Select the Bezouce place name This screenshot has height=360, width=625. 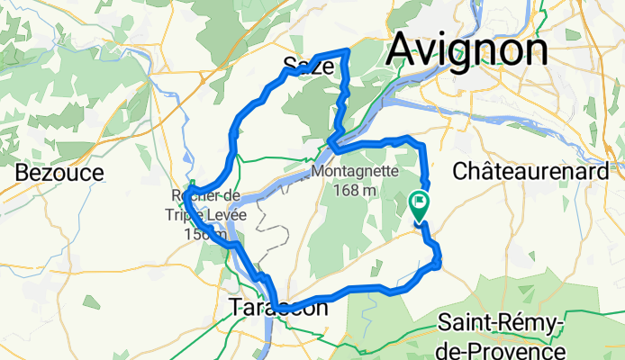click(59, 172)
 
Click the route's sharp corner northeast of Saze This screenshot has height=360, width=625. click(348, 50)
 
